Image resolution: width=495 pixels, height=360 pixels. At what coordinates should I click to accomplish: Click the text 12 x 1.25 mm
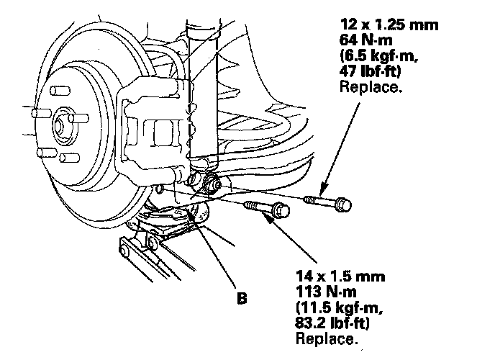coord(389,24)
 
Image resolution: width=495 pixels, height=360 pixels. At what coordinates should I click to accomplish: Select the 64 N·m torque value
coord(366,40)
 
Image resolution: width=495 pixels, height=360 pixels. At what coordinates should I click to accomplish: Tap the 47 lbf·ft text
coord(370,71)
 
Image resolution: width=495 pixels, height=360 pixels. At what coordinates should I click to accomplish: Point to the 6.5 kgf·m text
coord(379,56)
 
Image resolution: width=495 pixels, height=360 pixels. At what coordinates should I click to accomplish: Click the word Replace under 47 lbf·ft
coord(371,86)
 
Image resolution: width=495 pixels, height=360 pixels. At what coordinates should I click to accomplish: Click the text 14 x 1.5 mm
coord(340,276)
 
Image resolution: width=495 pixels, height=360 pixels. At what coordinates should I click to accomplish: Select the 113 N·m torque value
coord(326,292)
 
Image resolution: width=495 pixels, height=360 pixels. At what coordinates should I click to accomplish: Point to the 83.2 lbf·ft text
coord(332,323)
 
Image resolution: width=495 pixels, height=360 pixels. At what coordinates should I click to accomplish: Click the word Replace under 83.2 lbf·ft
coord(327,338)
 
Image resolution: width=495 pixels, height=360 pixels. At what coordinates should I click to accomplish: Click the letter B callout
coord(242,298)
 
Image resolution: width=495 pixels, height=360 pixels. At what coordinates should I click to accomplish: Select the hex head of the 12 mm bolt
coord(343,204)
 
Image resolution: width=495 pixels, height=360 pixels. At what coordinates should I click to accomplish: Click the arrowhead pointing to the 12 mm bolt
coord(322,189)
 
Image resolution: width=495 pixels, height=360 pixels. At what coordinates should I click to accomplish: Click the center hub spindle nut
coord(59,126)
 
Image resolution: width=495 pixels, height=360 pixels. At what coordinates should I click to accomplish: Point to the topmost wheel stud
coord(60,91)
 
